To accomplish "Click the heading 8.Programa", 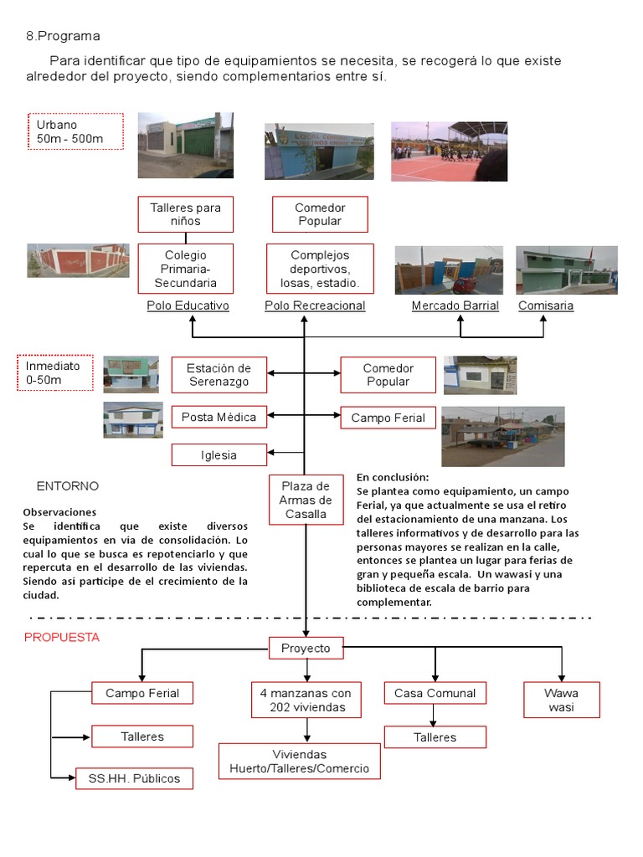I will pos(63,36).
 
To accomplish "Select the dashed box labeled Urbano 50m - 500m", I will pos(75,131).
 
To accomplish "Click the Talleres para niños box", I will pos(185,214).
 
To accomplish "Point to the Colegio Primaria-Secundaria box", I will pos(185,269).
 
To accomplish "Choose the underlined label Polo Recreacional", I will pos(315,305).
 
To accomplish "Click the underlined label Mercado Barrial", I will pos(455,305).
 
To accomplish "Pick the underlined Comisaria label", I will pos(546,305).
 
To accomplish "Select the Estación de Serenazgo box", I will pos(219,375).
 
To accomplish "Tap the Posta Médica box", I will pos(219,417).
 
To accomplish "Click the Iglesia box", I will pos(219,455).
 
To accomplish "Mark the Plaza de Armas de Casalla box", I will pos(306,500).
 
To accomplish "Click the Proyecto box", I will pos(306,648).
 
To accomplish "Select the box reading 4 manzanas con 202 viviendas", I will pos(306,700).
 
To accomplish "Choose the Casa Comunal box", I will pos(435,693).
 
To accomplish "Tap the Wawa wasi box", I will pos(561,700).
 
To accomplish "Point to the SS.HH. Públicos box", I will pos(134,778).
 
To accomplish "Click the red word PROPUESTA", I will pos(62,637).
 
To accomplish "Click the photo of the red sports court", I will pos(449,151).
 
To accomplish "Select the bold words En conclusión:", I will pos(392,477).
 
